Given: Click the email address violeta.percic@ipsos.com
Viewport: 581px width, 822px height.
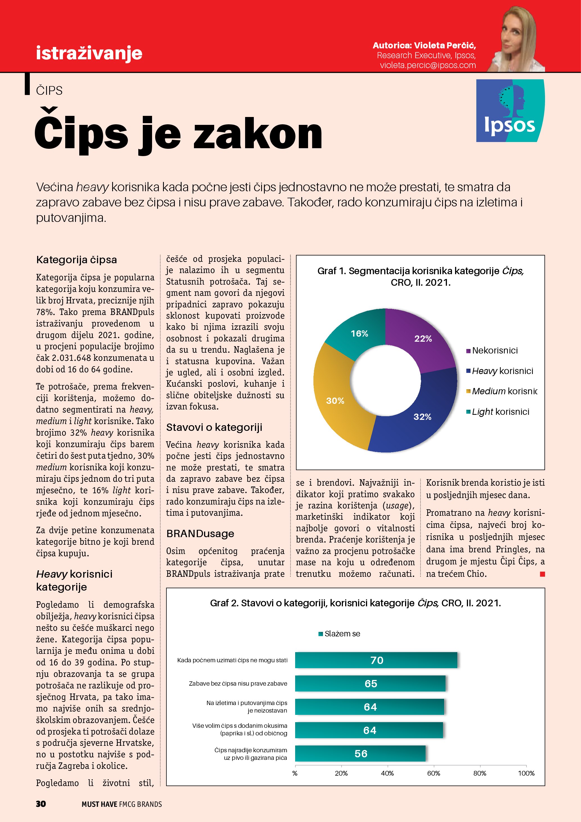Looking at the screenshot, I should [x=428, y=65].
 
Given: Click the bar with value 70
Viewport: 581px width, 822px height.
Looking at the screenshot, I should [x=376, y=660].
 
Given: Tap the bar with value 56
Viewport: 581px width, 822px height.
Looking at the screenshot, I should [x=360, y=754].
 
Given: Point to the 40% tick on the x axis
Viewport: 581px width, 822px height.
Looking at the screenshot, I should [x=387, y=773].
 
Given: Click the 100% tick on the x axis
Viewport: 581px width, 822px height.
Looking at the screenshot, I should [x=526, y=773].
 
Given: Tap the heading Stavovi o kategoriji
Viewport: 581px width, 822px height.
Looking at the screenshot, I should [x=214, y=427].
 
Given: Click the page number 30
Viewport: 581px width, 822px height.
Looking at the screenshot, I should [x=41, y=804].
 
